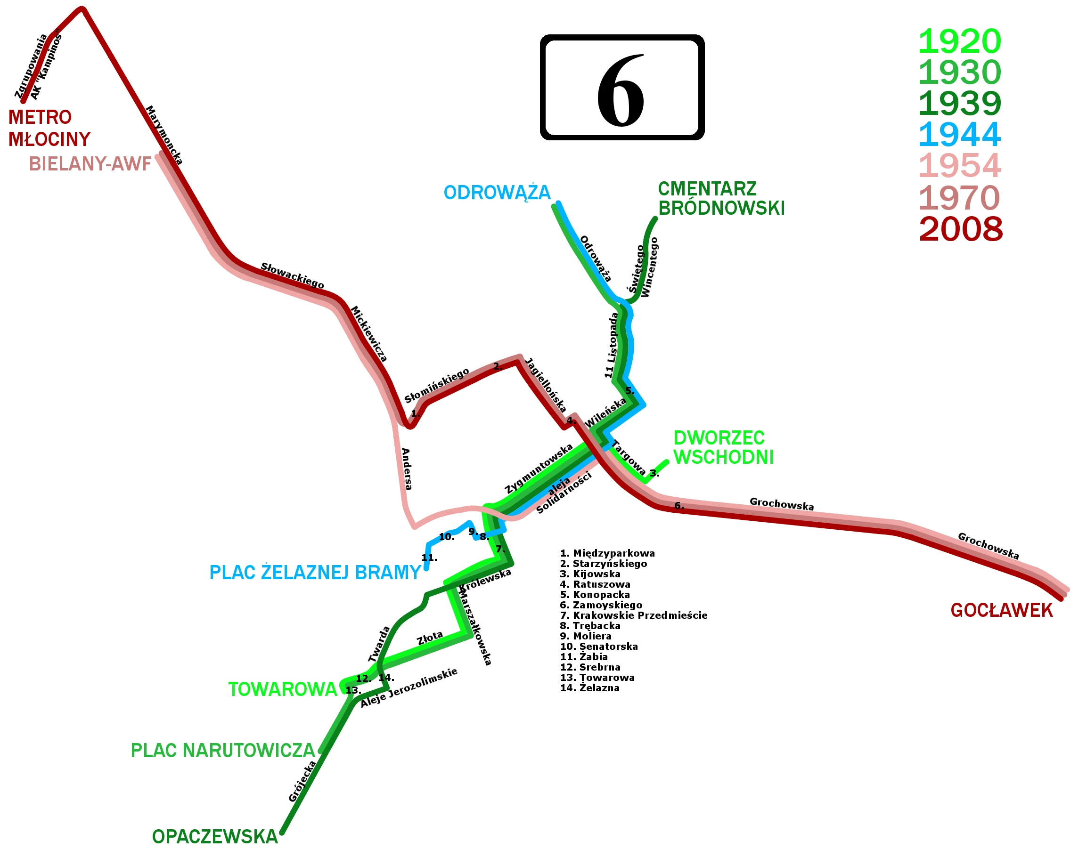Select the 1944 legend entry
coord(959,135)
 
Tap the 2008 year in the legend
coord(960,229)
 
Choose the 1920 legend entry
coord(959,41)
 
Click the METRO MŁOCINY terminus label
coord(49,128)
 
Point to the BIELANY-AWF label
coord(90,164)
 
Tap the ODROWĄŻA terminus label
coord(497,193)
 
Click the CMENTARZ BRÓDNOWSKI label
coord(721,199)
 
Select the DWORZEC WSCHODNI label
coord(723,447)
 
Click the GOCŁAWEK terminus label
coord(1002,611)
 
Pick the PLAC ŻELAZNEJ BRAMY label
coord(315,573)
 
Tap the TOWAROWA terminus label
coord(282,689)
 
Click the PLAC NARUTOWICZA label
coord(222,751)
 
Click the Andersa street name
coord(406,469)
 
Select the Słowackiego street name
coord(292,276)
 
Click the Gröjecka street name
coord(302,781)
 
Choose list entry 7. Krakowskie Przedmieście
coord(634,615)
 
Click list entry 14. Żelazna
coord(590,688)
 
